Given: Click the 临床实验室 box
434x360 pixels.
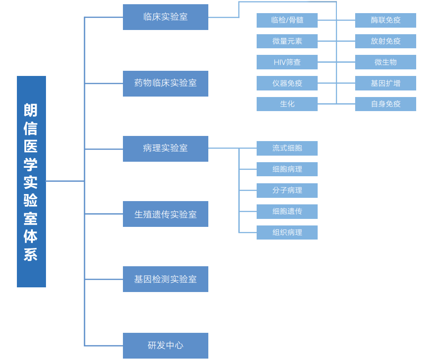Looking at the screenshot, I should (x=165, y=17).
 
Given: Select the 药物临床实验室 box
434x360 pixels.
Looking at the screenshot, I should (x=165, y=83).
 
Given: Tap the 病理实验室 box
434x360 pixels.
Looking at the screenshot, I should (x=165, y=149).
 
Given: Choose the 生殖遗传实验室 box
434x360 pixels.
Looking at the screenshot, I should (x=165, y=214).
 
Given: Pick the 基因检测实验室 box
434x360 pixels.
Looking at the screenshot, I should (x=165, y=279).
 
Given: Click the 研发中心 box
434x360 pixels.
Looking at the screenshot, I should (x=165, y=345).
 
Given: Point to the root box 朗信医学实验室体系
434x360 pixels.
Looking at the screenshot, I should (x=31, y=181).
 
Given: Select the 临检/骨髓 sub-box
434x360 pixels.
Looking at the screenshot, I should (x=287, y=20).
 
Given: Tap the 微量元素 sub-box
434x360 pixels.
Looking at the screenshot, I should (x=287, y=41).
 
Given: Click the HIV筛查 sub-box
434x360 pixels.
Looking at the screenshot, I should (x=287, y=62).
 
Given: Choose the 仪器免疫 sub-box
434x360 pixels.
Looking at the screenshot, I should (x=287, y=83).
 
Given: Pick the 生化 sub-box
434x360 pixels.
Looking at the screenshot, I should (x=287, y=104).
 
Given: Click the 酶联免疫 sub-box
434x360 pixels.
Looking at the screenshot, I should (x=386, y=20).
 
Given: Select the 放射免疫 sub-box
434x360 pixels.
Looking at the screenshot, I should (x=386, y=41).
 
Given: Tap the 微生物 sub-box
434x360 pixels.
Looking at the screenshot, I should (x=386, y=62).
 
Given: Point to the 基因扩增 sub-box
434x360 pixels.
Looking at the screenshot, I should (x=386, y=83).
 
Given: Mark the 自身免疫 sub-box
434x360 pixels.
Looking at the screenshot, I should (x=386, y=104).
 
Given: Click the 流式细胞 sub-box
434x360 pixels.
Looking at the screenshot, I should (x=287, y=148).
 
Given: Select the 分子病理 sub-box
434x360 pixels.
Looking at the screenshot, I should (x=287, y=190).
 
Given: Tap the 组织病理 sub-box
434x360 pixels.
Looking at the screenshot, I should (x=287, y=232).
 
